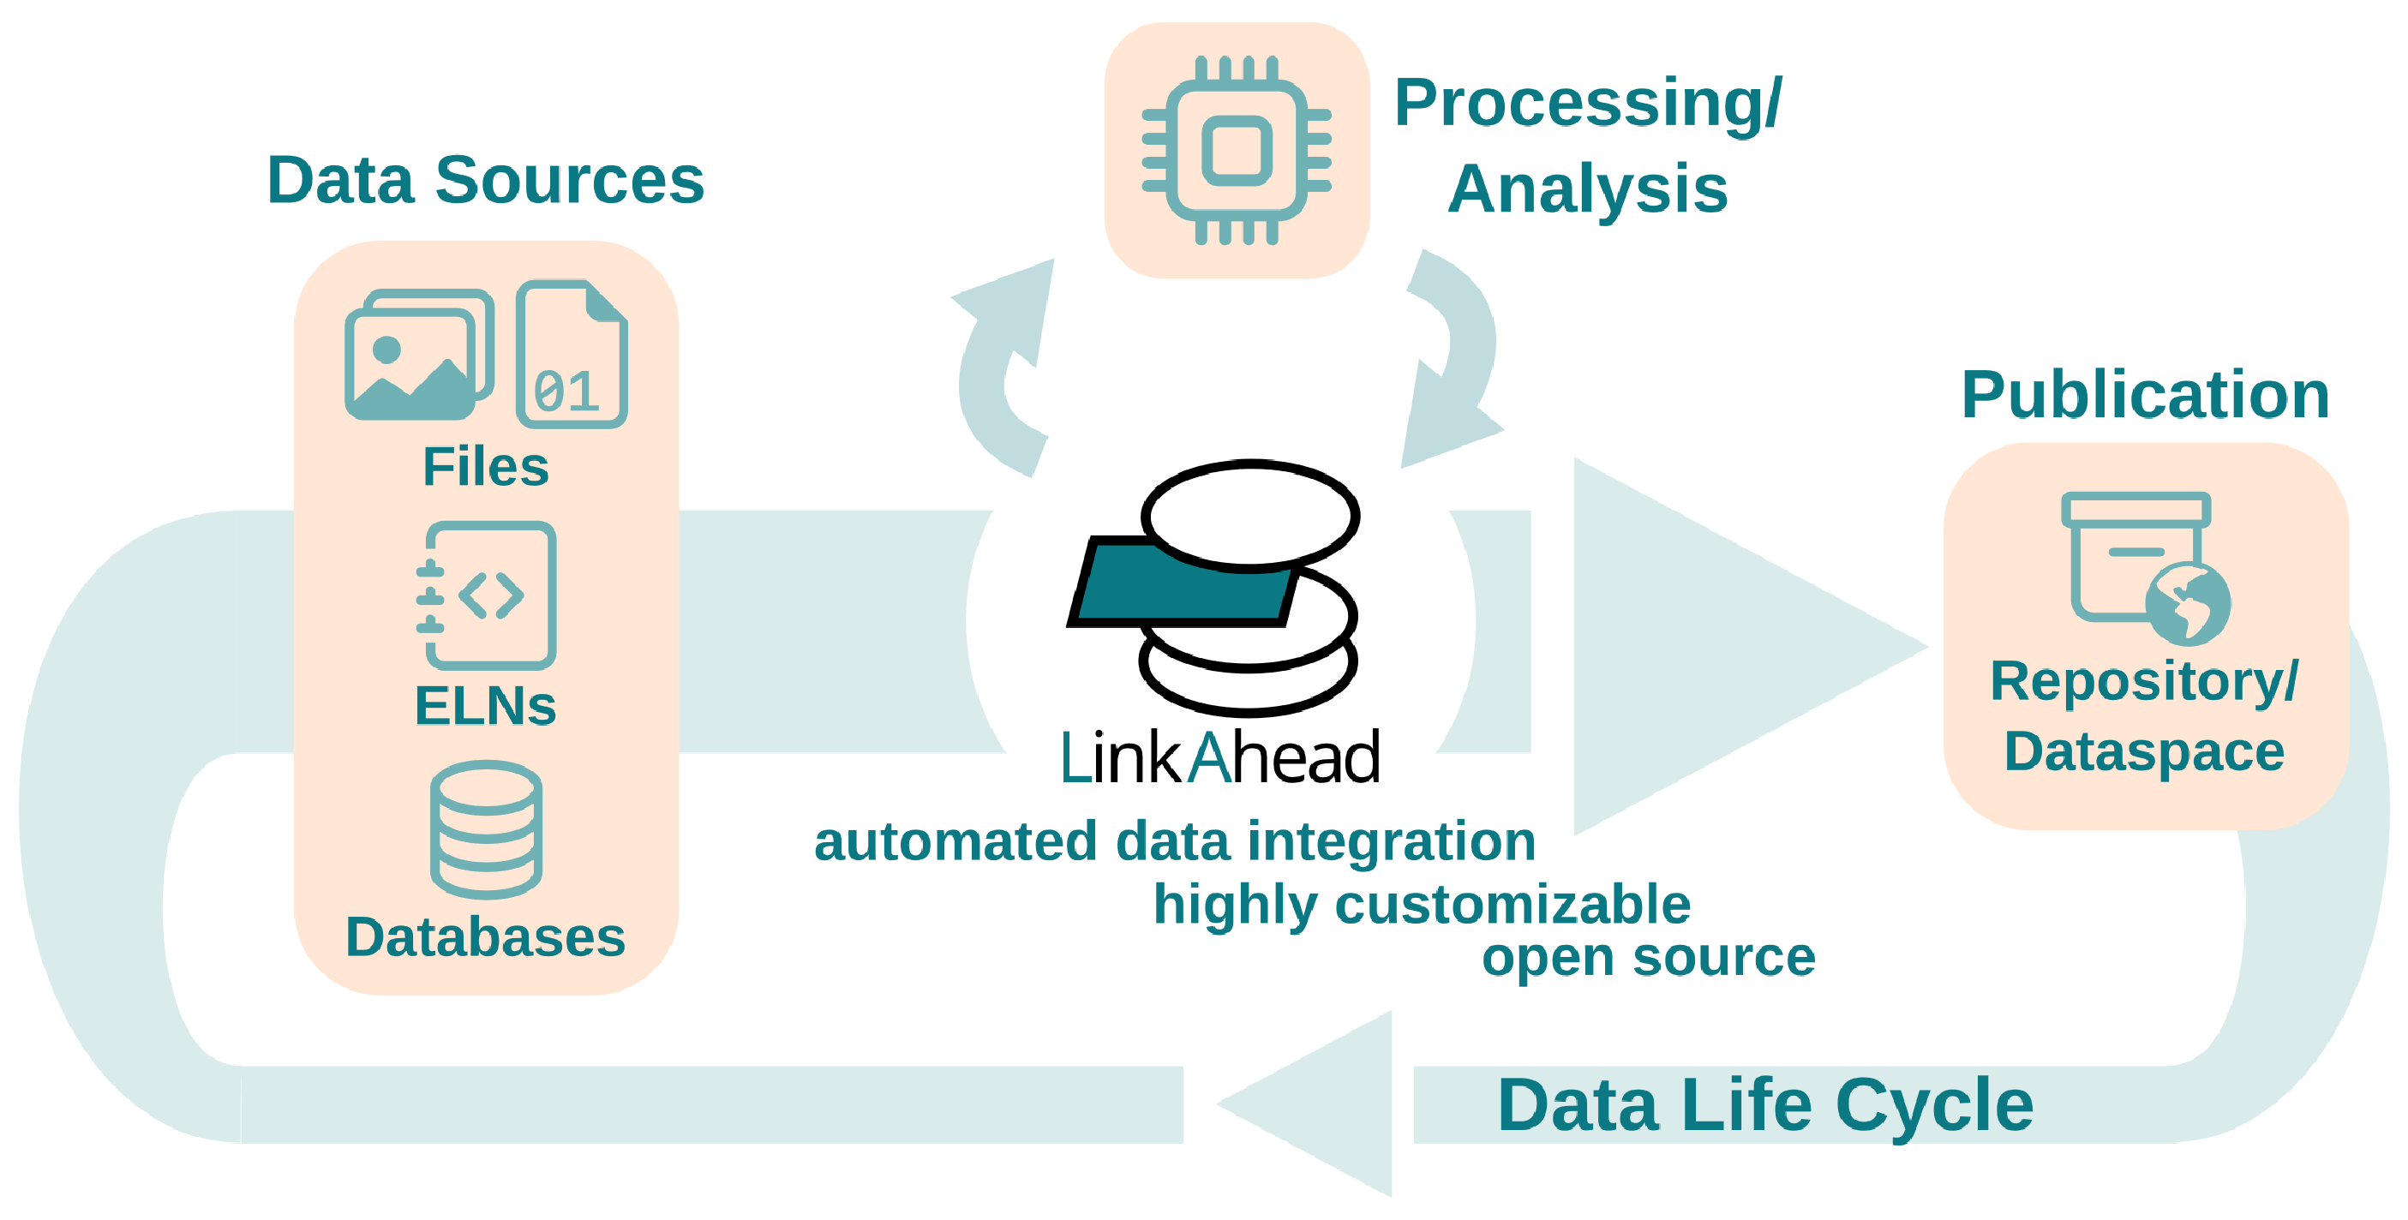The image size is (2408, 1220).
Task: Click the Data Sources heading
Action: click(485, 180)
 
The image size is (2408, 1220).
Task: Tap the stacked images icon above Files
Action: click(419, 355)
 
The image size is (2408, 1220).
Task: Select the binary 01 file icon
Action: click(572, 355)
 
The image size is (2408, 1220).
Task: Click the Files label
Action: click(485, 467)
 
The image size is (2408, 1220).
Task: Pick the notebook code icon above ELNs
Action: click(486, 595)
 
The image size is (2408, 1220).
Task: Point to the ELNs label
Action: click(485, 706)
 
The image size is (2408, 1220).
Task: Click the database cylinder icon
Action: click(486, 830)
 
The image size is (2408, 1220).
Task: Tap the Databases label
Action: click(485, 936)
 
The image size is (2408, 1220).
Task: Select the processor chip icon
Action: click(1237, 151)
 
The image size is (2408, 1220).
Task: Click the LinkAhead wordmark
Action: click(1220, 757)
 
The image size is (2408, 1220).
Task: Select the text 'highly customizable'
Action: click(1422, 905)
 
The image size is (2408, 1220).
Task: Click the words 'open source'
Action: click(1648, 958)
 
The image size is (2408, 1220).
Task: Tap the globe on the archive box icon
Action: click(2188, 604)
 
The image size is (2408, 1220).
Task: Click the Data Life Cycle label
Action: click(1765, 1106)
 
